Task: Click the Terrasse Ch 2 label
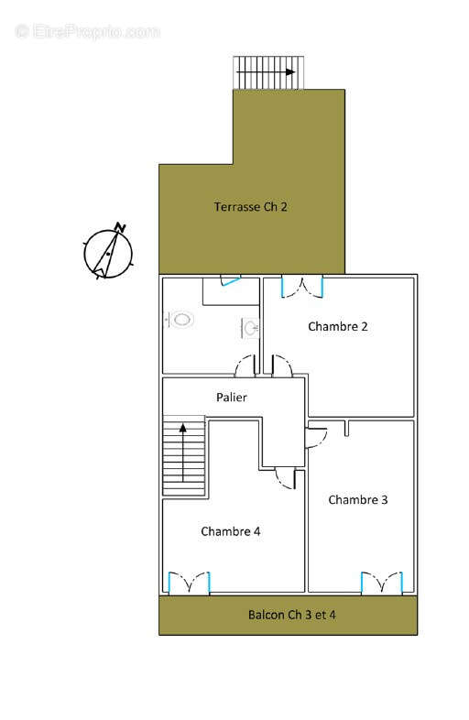click(251, 207)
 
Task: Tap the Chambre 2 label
click(338, 326)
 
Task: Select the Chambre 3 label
click(358, 499)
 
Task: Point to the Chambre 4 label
click(231, 531)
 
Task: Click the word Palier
click(232, 398)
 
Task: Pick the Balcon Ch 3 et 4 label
click(292, 615)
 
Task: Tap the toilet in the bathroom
click(181, 320)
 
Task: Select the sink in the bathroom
click(249, 327)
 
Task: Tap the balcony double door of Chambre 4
click(190, 583)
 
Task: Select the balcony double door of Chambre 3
click(381, 583)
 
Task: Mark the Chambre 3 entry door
click(315, 436)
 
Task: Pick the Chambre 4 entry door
click(287, 477)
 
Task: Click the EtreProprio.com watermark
click(87, 31)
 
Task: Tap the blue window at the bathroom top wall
click(230, 280)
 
